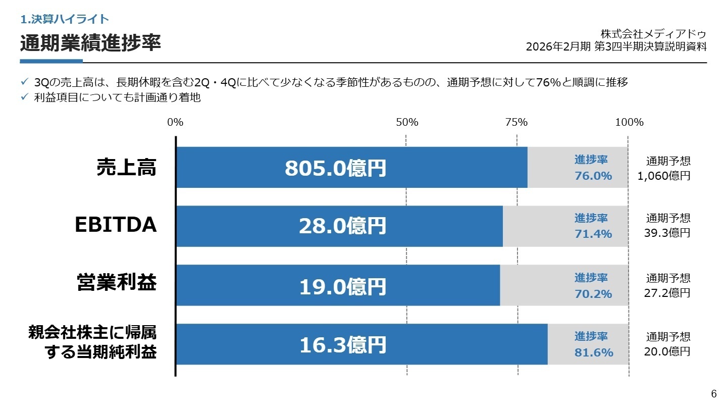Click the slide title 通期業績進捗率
click(x=90, y=43)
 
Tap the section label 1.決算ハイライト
click(x=65, y=19)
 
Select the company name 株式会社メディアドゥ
click(x=653, y=34)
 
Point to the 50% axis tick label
click(x=407, y=122)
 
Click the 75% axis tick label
click(x=516, y=122)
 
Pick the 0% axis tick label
click(x=175, y=122)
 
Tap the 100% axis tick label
click(x=630, y=122)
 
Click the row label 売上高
click(x=127, y=168)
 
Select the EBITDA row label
click(x=116, y=226)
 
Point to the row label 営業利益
click(x=117, y=283)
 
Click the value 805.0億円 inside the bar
click(x=335, y=168)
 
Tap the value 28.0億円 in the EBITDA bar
click(x=342, y=227)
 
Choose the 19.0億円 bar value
click(x=342, y=286)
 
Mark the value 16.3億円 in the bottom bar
click(x=342, y=345)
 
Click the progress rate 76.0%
click(x=593, y=176)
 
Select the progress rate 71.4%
click(x=593, y=234)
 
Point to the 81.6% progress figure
click(x=594, y=352)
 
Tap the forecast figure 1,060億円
click(x=664, y=176)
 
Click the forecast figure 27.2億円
click(x=667, y=293)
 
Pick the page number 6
click(x=713, y=394)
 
